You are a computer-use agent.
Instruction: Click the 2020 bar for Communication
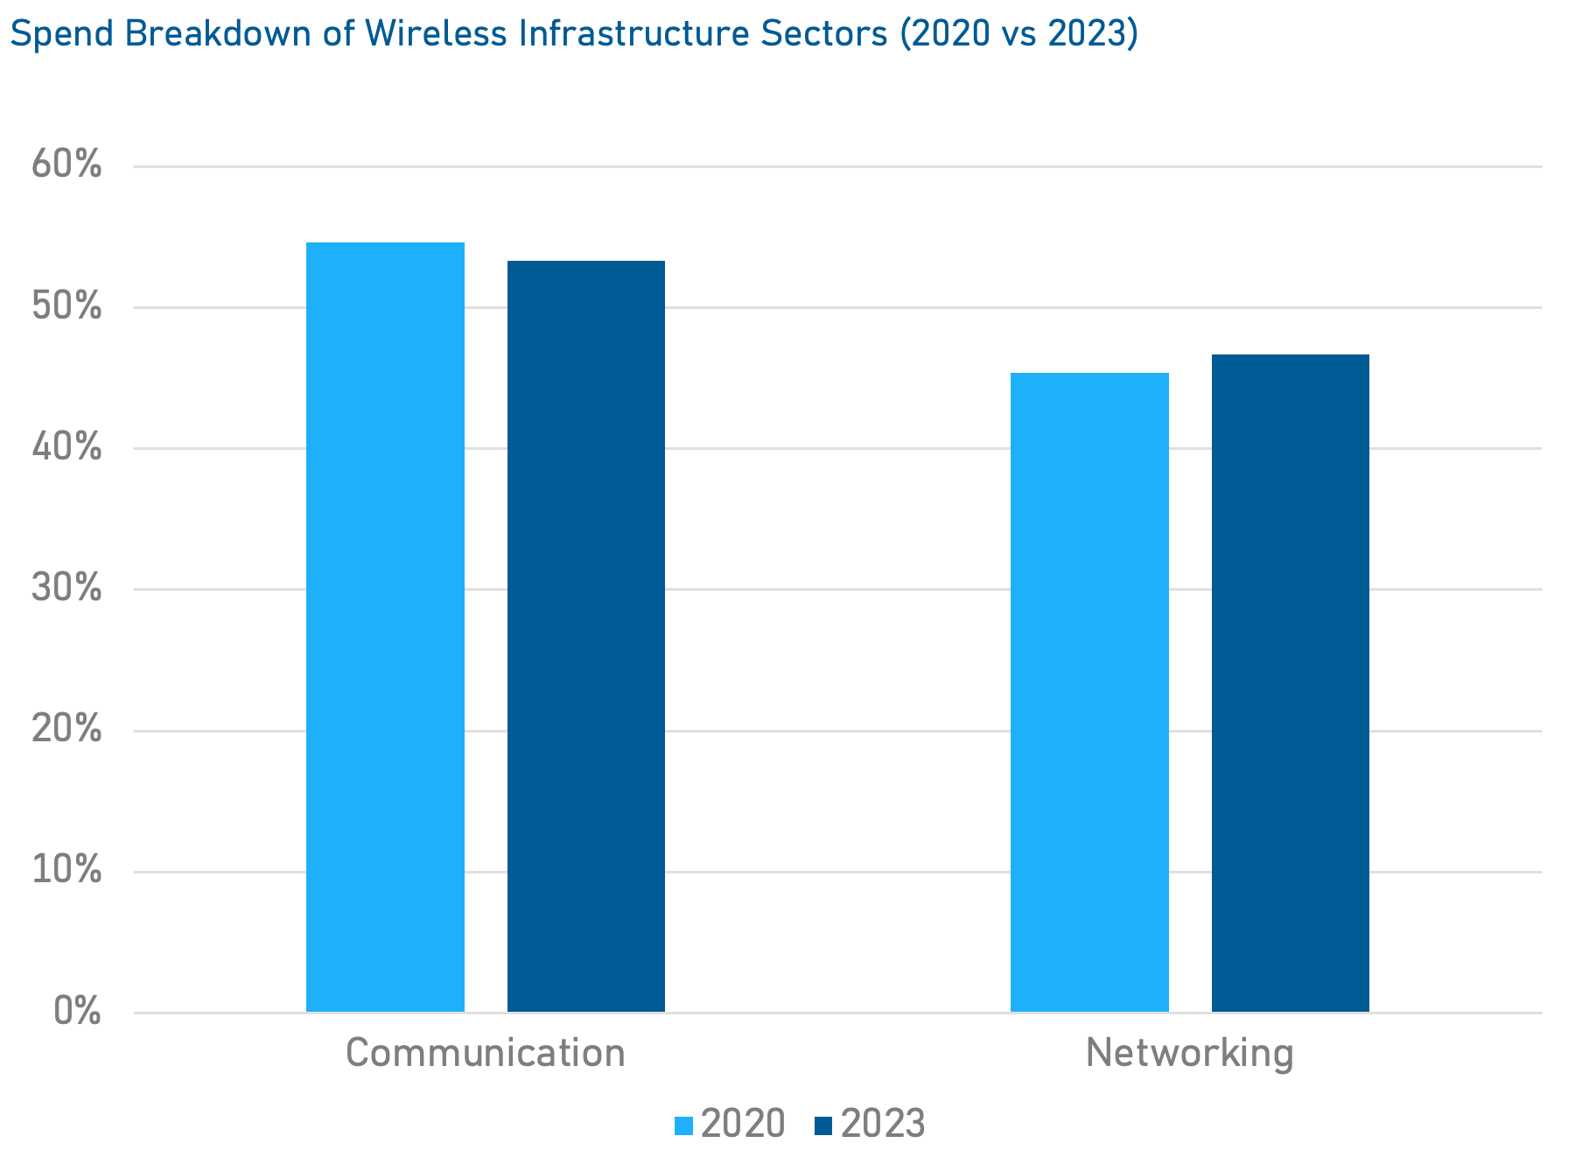(385, 627)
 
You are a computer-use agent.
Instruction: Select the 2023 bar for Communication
(586, 636)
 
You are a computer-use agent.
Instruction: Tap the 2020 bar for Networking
(1089, 692)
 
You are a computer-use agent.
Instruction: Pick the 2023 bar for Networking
(1291, 683)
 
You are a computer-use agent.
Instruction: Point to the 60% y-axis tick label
(66, 165)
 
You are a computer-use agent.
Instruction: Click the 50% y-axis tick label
(66, 306)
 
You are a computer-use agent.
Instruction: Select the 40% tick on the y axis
(66, 447)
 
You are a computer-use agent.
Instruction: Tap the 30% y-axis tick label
(66, 588)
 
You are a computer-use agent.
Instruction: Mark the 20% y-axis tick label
(66, 729)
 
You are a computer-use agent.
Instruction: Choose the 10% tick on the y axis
(66, 870)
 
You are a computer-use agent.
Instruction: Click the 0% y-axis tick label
(77, 1011)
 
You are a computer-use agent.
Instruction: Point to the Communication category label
(486, 1052)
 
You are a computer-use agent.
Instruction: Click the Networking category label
(1189, 1052)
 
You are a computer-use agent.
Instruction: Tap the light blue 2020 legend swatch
(683, 1125)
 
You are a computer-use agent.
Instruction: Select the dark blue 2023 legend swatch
(822, 1125)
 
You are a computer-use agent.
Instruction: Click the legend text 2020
(743, 1124)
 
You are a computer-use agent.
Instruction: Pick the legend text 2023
(883, 1124)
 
